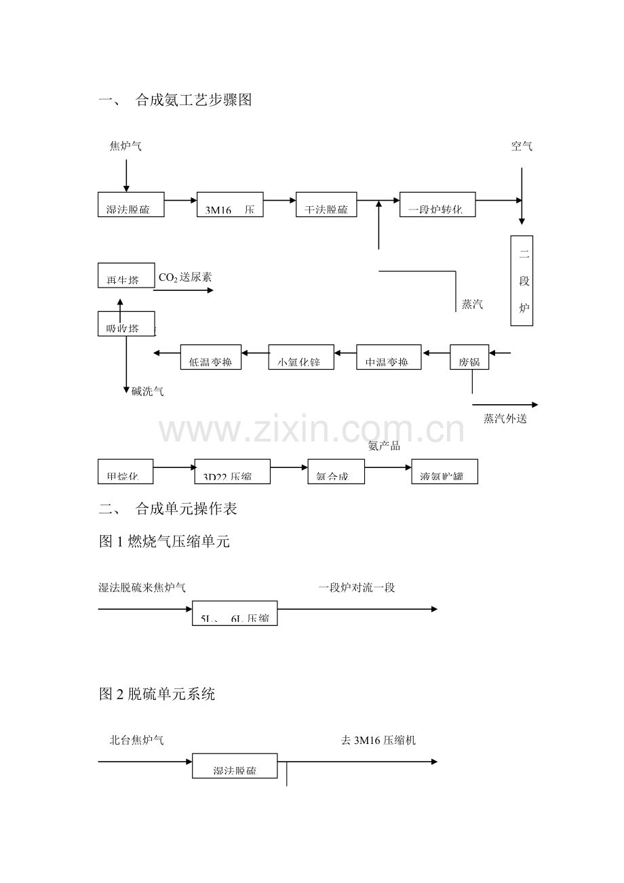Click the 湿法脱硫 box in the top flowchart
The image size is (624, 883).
pyautogui.click(x=131, y=204)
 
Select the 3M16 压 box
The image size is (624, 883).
pyautogui.click(x=229, y=204)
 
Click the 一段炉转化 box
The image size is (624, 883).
pyautogui.click(x=437, y=204)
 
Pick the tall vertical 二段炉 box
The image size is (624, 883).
pyautogui.click(x=522, y=280)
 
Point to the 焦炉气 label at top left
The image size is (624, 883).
pyautogui.click(x=125, y=146)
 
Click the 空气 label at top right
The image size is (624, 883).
pyautogui.click(x=522, y=146)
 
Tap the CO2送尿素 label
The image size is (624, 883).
pyautogui.click(x=185, y=277)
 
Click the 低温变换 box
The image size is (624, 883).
pyautogui.click(x=211, y=357)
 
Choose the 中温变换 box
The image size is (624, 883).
pyautogui.click(x=389, y=357)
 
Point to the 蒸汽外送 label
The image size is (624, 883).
pyautogui.click(x=505, y=419)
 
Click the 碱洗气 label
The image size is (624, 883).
pyautogui.click(x=147, y=391)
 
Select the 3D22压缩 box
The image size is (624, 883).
pyautogui.click(x=232, y=471)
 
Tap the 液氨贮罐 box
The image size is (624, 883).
pyautogui.click(x=444, y=471)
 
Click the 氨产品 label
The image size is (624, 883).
pyautogui.click(x=384, y=446)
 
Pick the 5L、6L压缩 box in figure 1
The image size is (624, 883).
pyautogui.click(x=235, y=612)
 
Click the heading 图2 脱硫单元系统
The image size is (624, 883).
pyautogui.click(x=157, y=694)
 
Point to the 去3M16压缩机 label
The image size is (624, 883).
pyautogui.click(x=378, y=740)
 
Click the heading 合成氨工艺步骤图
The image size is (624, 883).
pyautogui.click(x=193, y=100)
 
